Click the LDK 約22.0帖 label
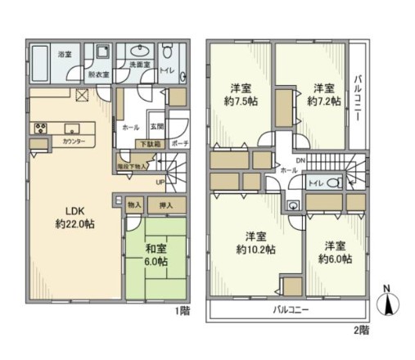[x=69, y=214]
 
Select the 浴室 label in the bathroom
[x=41, y=54]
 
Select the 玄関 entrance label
[x=158, y=126]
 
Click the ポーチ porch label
[x=182, y=143]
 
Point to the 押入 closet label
[x=163, y=205]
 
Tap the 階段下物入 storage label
[x=133, y=164]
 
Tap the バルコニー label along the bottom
[x=285, y=311]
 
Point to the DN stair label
[x=300, y=160]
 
